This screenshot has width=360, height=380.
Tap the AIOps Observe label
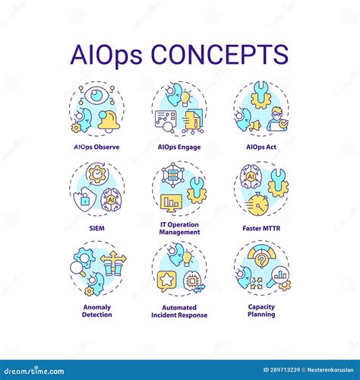click(97, 147)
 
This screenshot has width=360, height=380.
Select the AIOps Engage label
click(179, 147)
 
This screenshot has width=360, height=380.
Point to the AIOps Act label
click(262, 147)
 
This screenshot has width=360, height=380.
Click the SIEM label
click(96, 226)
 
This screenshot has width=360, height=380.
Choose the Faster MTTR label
click(262, 226)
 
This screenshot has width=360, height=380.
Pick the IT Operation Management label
click(179, 227)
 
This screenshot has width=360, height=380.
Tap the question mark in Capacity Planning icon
click(261, 259)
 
